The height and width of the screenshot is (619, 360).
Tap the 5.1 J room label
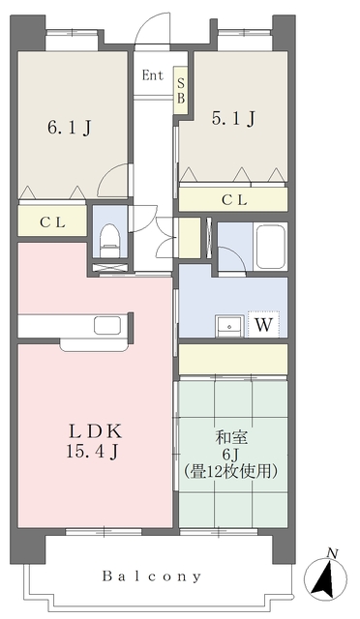pos(233,120)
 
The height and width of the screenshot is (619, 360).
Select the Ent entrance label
pos(152,75)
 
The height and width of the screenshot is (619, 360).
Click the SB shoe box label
pos(180,90)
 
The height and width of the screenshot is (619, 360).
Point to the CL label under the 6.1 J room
pos(51,222)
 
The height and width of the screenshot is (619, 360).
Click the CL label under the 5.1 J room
pos(233,200)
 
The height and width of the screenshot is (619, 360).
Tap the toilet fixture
pos(109,238)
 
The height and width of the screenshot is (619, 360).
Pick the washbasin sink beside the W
pos(229,325)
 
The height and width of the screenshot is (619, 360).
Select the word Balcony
pos(152,576)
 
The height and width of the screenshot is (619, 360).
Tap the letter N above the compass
pos(332,553)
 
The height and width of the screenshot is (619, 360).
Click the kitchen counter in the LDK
pos(73,326)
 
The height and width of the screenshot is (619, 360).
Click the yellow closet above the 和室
pos(232,358)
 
